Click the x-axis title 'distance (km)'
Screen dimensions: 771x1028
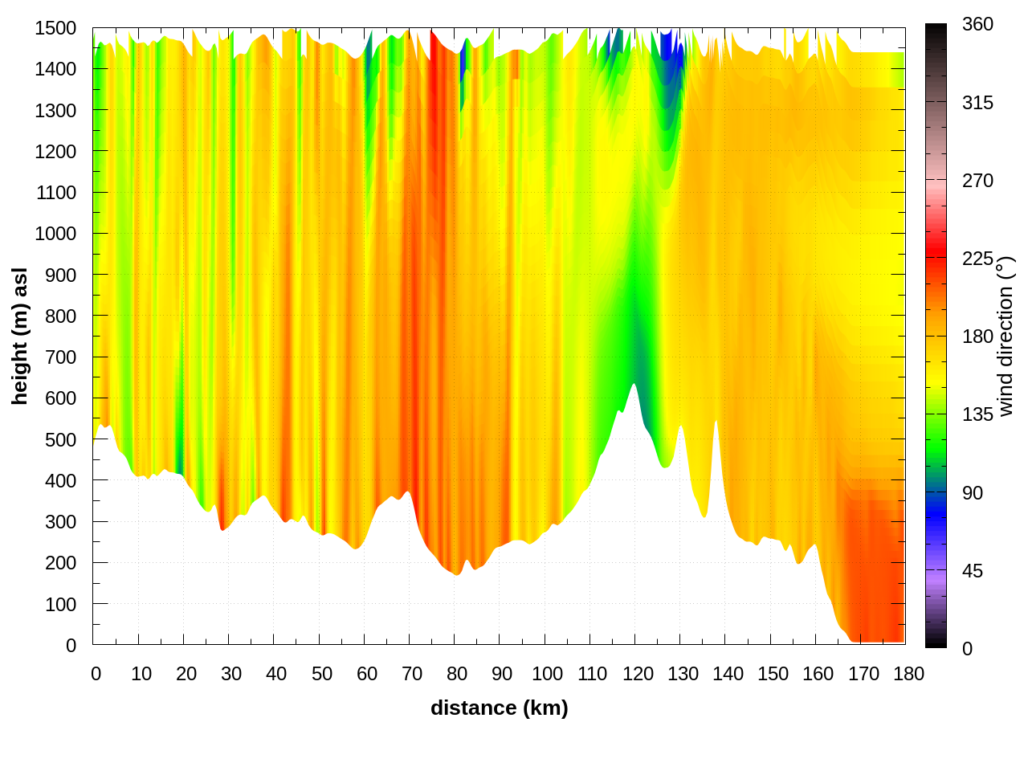499,708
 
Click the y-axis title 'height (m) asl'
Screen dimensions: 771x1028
20,336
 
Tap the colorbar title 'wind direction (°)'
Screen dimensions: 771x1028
1006,336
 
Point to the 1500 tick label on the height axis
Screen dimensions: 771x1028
55,28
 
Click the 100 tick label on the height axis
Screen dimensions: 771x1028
60,604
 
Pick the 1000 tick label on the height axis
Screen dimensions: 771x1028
55,234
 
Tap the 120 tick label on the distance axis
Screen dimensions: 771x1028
638,674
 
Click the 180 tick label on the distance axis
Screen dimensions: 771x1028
908,674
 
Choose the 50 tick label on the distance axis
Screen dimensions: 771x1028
321,674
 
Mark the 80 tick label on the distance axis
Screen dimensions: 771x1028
457,674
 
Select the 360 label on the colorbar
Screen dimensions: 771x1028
977,25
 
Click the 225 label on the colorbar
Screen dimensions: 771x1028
977,259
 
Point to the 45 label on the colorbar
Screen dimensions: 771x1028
973,571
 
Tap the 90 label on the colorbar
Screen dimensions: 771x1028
973,493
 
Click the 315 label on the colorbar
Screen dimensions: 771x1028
977,103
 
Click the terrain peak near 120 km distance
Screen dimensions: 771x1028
634,386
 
